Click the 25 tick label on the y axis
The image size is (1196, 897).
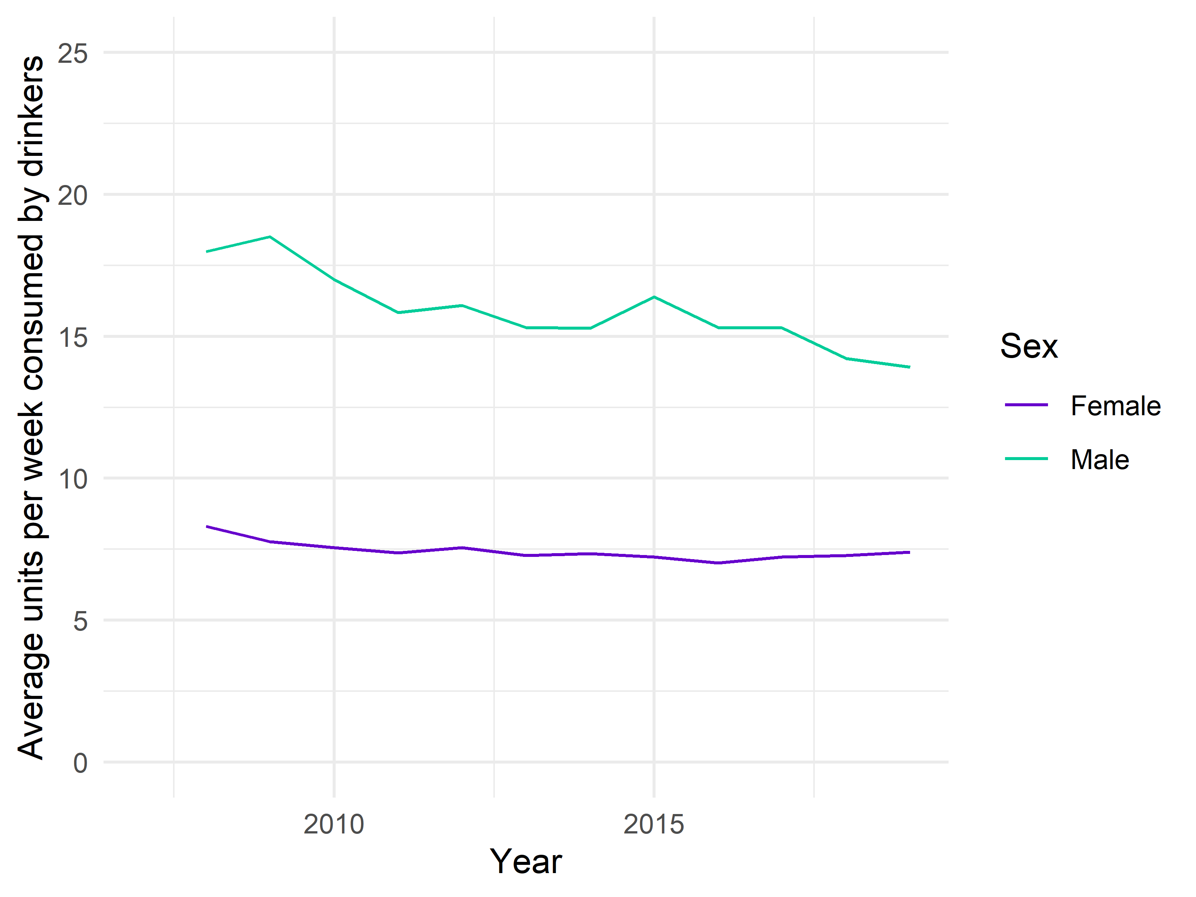coord(73,53)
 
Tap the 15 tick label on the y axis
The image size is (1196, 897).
coord(73,337)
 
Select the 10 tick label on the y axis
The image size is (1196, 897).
coord(73,479)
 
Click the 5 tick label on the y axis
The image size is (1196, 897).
coord(80,621)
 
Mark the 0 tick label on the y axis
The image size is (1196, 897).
coord(80,763)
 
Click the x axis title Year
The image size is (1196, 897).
coord(525,862)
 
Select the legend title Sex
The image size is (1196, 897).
coord(1029,346)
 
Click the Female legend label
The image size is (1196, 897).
coord(1115,406)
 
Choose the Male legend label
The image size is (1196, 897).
coord(1100,460)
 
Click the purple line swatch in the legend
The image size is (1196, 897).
coord(1026,405)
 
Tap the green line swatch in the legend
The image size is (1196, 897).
coord(1026,459)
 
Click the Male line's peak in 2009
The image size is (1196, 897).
coord(270,237)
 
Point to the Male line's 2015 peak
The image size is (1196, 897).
coord(654,297)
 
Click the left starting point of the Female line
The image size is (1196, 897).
coord(207,526)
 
